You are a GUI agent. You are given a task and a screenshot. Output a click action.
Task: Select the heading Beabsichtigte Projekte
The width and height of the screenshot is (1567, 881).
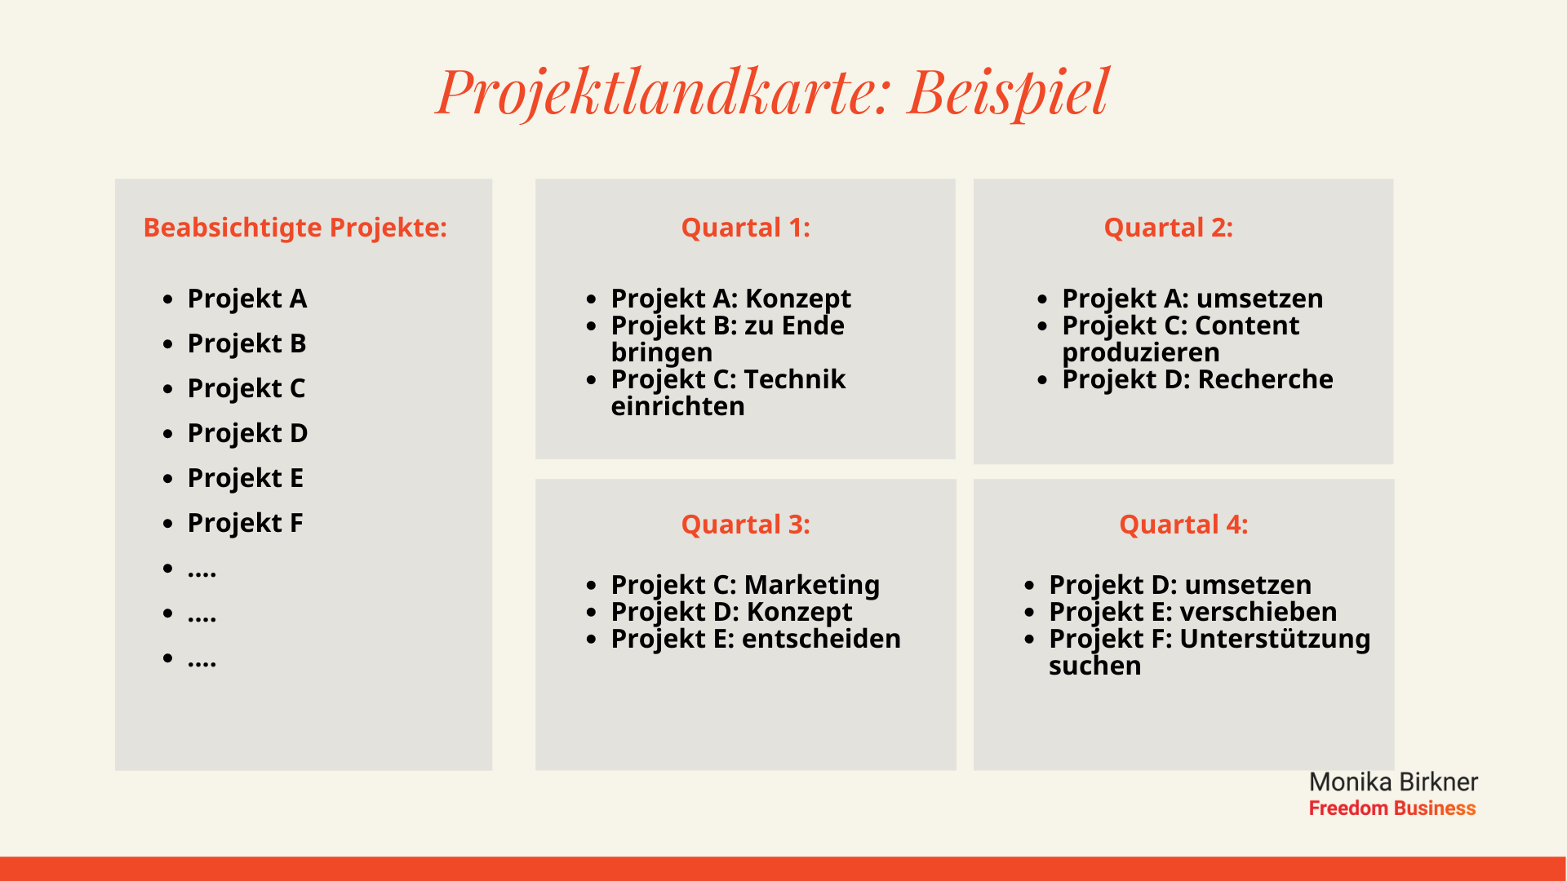295,227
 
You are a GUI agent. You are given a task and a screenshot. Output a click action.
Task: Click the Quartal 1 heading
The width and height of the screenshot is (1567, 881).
745,227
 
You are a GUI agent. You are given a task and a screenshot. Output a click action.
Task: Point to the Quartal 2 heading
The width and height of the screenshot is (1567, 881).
1168,227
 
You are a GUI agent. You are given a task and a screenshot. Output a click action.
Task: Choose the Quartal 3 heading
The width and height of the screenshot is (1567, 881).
745,524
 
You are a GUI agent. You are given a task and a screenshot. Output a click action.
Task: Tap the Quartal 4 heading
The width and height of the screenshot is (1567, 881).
1183,524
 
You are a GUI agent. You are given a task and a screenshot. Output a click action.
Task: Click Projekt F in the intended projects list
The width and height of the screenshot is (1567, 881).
245,523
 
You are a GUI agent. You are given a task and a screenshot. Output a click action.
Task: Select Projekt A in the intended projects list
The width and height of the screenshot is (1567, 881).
247,299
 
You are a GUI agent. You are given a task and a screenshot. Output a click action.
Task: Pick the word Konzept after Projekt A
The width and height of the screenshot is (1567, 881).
797,299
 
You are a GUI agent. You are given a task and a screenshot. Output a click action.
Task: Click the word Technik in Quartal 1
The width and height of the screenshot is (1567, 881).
794,379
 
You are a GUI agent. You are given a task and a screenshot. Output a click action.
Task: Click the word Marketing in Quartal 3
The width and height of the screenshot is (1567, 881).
811,585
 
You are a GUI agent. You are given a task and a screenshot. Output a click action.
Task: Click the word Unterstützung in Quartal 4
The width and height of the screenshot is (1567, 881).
1275,639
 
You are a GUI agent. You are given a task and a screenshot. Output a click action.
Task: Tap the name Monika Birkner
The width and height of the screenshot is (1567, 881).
1393,782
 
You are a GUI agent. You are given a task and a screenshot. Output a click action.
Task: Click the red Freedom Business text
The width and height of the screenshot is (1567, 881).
1392,808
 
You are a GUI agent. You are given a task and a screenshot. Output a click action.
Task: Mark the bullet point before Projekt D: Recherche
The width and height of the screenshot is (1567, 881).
1042,380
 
